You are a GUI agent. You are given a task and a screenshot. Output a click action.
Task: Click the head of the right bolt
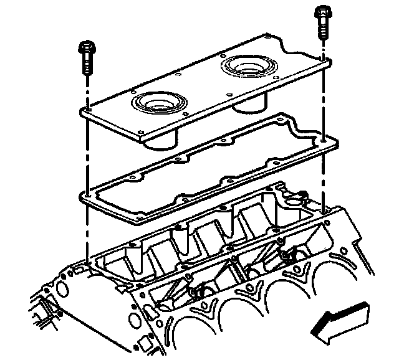pos(322,12)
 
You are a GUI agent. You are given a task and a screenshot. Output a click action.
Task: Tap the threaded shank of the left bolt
pos(87,65)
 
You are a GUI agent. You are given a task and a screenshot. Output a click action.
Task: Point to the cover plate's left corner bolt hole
pos(88,111)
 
